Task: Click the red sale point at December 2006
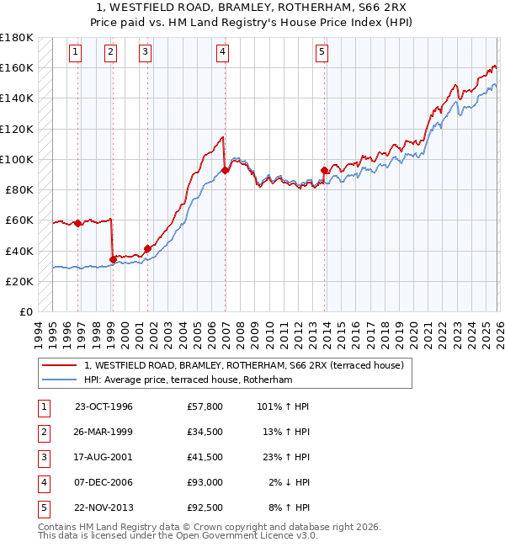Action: pyautogui.click(x=225, y=170)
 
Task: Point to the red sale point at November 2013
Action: pyautogui.click(x=325, y=171)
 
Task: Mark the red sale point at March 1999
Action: pyautogui.click(x=113, y=259)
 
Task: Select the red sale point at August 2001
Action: pyautogui.click(x=147, y=248)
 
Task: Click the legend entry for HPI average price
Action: pyautogui.click(x=187, y=380)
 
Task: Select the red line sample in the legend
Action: pyautogui.click(x=59, y=365)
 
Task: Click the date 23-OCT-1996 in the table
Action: pyautogui.click(x=104, y=406)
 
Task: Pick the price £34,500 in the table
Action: pyautogui.click(x=205, y=432)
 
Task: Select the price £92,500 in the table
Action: pyautogui.click(x=205, y=507)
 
